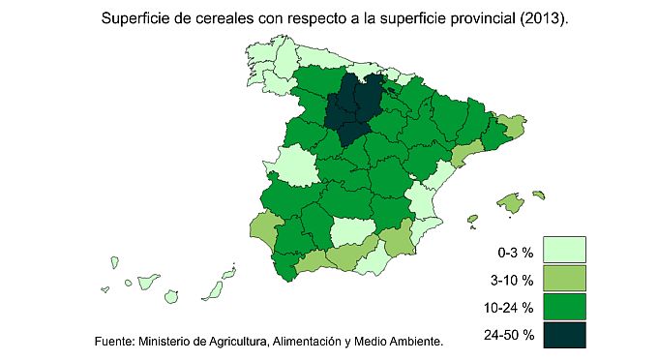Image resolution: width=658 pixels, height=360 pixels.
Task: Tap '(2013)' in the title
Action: coord(545,18)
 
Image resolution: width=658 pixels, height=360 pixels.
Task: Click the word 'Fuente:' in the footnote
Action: coord(114,342)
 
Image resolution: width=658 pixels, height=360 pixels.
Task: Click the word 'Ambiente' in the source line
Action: coord(412,342)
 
